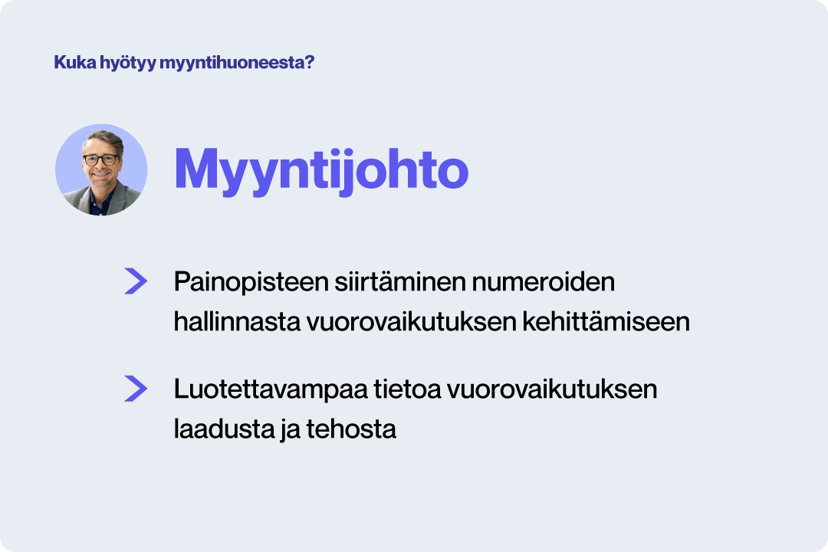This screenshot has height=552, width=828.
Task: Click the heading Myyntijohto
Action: pyautogui.click(x=321, y=169)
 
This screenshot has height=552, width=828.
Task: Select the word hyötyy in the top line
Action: pyautogui.click(x=127, y=63)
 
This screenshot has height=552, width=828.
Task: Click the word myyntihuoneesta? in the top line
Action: pyautogui.click(x=237, y=63)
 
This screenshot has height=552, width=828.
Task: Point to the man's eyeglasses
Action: pyautogui.click(x=101, y=160)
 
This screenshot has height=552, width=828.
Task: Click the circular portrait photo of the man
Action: pyautogui.click(x=101, y=170)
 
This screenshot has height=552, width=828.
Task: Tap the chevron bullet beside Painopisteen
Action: pyautogui.click(x=136, y=281)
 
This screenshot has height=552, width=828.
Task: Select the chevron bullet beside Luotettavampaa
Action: pyautogui.click(x=136, y=389)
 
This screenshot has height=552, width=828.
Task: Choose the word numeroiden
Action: pyautogui.click(x=544, y=282)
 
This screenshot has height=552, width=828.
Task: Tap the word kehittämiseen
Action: pyautogui.click(x=606, y=322)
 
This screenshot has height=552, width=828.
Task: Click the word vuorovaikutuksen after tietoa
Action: pyautogui.click(x=552, y=389)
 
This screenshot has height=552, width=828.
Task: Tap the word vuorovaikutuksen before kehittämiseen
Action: pyautogui.click(x=410, y=322)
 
